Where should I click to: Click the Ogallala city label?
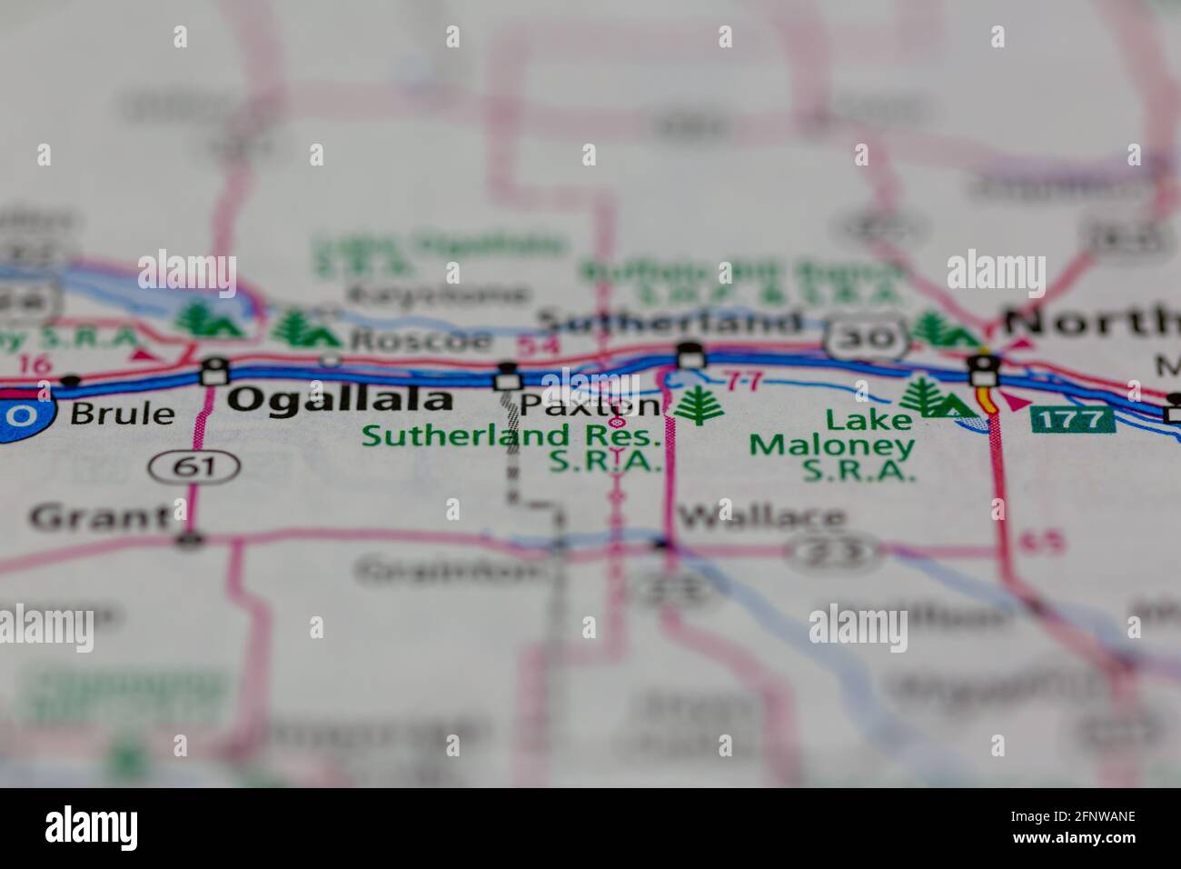point(340,400)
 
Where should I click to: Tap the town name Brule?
point(123,414)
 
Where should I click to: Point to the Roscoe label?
point(422,341)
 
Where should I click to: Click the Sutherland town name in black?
point(670,322)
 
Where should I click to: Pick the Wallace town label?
point(762,517)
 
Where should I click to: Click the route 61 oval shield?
point(194,466)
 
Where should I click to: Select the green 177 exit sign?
point(1072,419)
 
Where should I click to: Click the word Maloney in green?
point(831,445)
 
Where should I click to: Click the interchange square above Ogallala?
point(215,371)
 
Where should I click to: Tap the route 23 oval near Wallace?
point(833,549)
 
